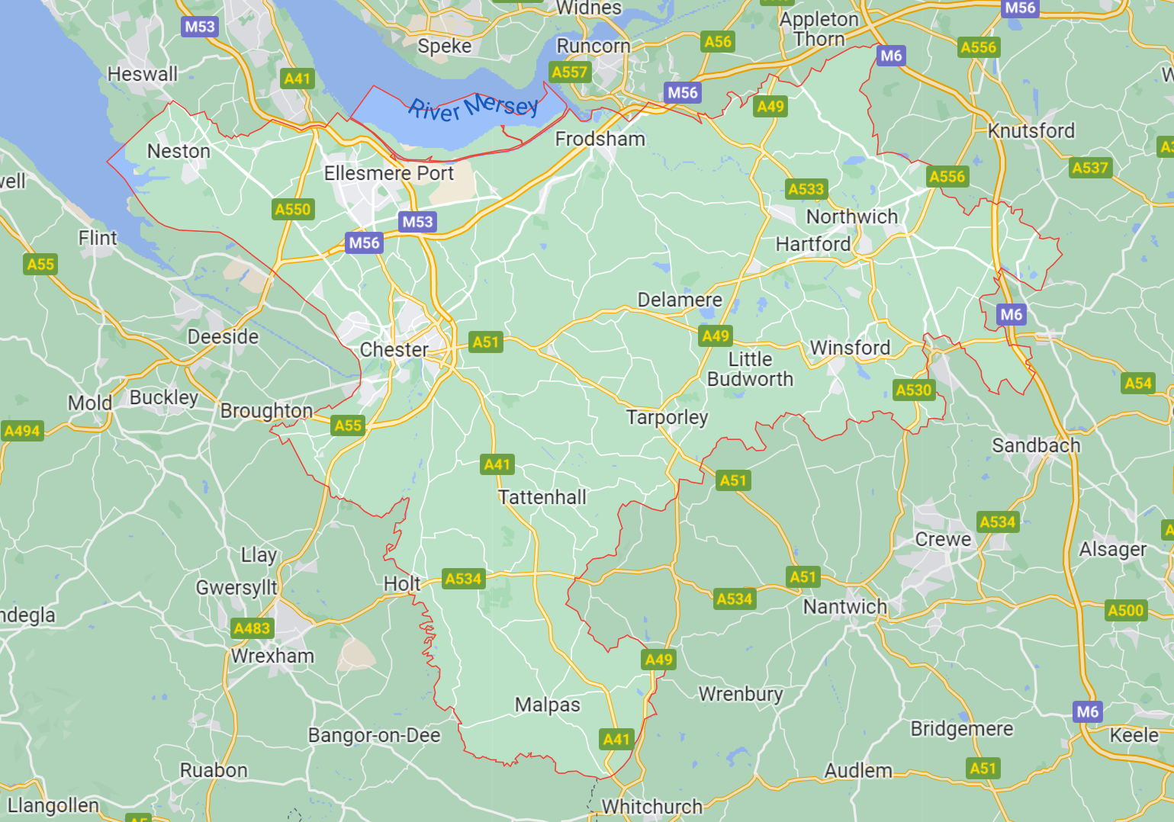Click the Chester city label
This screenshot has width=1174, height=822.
click(x=394, y=350)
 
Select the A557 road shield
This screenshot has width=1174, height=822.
click(x=570, y=72)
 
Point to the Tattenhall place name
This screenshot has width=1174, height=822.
click(x=542, y=497)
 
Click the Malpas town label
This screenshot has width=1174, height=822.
click(x=547, y=705)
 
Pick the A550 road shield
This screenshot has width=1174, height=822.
click(x=293, y=210)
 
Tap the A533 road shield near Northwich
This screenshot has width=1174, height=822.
click(x=806, y=189)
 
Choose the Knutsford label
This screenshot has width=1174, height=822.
click(x=1031, y=131)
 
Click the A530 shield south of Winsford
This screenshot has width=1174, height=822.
click(x=914, y=390)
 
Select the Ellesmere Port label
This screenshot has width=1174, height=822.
click(x=388, y=174)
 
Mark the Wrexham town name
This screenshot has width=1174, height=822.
click(x=272, y=656)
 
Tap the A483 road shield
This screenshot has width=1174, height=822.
click(x=252, y=628)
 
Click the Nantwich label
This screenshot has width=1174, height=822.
click(x=844, y=607)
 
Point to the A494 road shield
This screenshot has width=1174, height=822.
click(x=22, y=431)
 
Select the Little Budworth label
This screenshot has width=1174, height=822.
click(x=750, y=369)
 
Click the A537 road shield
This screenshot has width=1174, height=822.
click(x=1089, y=168)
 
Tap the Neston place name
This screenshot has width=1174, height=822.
click(x=179, y=151)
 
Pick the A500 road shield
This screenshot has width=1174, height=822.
click(x=1125, y=610)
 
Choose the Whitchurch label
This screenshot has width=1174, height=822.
click(x=651, y=806)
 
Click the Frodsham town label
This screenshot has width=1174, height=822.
click(x=600, y=139)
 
